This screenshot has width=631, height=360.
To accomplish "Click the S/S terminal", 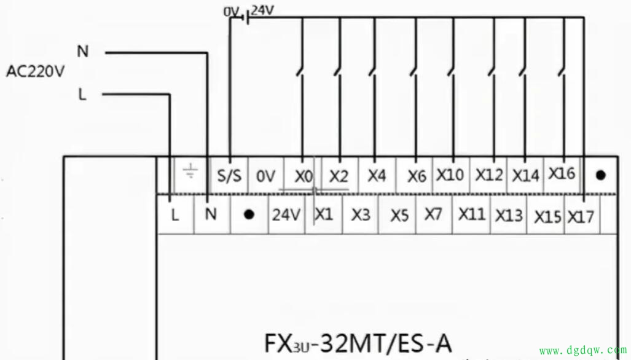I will (229, 177).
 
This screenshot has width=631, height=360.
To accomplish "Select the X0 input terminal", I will (303, 177).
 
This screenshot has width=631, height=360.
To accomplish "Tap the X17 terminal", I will (581, 216).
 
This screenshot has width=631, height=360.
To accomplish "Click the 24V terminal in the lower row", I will (286, 215).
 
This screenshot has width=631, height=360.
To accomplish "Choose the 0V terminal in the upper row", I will (265, 177).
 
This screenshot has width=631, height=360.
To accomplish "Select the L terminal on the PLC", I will (175, 216).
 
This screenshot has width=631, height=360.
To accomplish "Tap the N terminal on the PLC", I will (211, 215).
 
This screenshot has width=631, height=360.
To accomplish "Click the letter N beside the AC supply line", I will (82, 52).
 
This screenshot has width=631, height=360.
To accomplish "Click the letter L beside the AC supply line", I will (82, 94).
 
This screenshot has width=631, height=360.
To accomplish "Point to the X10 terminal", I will (450, 175).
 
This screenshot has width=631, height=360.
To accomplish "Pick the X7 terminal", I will (433, 214).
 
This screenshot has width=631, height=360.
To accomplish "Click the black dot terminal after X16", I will (600, 175).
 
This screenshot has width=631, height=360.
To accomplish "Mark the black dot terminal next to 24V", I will (249, 215).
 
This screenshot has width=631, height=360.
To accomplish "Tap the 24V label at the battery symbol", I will (262, 10).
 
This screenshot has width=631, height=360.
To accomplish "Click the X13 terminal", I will (508, 215).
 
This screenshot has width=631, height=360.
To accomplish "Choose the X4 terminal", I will (377, 176).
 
